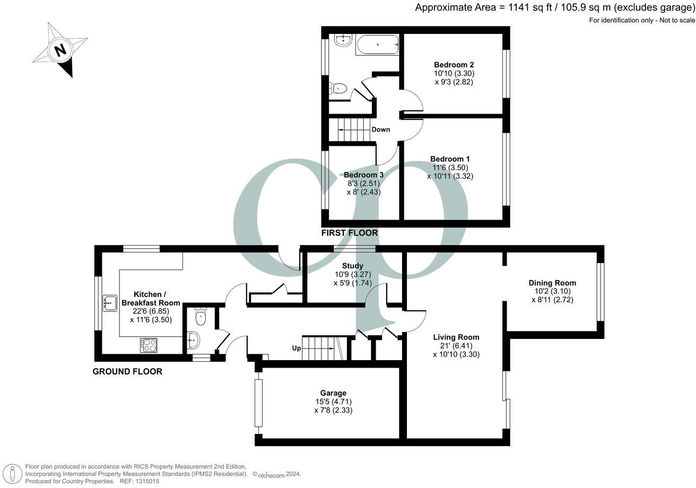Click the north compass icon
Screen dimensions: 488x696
pos(59,51)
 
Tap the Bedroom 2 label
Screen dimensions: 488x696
pos(454,65)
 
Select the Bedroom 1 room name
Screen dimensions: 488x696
pos(450,159)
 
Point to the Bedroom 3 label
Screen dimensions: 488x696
pos(363,175)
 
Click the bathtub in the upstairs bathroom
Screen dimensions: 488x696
pos(378,45)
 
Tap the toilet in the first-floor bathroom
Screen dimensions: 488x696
pos(338,89)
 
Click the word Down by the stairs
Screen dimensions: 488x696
pos(380,129)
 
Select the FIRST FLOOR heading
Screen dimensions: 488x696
pos(350,233)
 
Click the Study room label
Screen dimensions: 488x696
pos(352,266)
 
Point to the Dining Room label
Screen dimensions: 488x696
pos(552,283)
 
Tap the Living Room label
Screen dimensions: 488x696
pos(456,337)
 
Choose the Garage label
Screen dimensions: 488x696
pos(333,393)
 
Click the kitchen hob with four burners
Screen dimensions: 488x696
pos(149,345)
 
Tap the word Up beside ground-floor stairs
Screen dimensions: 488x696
pos(297,348)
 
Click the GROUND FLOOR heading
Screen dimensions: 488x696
pos(127,371)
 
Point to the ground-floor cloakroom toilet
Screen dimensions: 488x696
pos(201,317)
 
